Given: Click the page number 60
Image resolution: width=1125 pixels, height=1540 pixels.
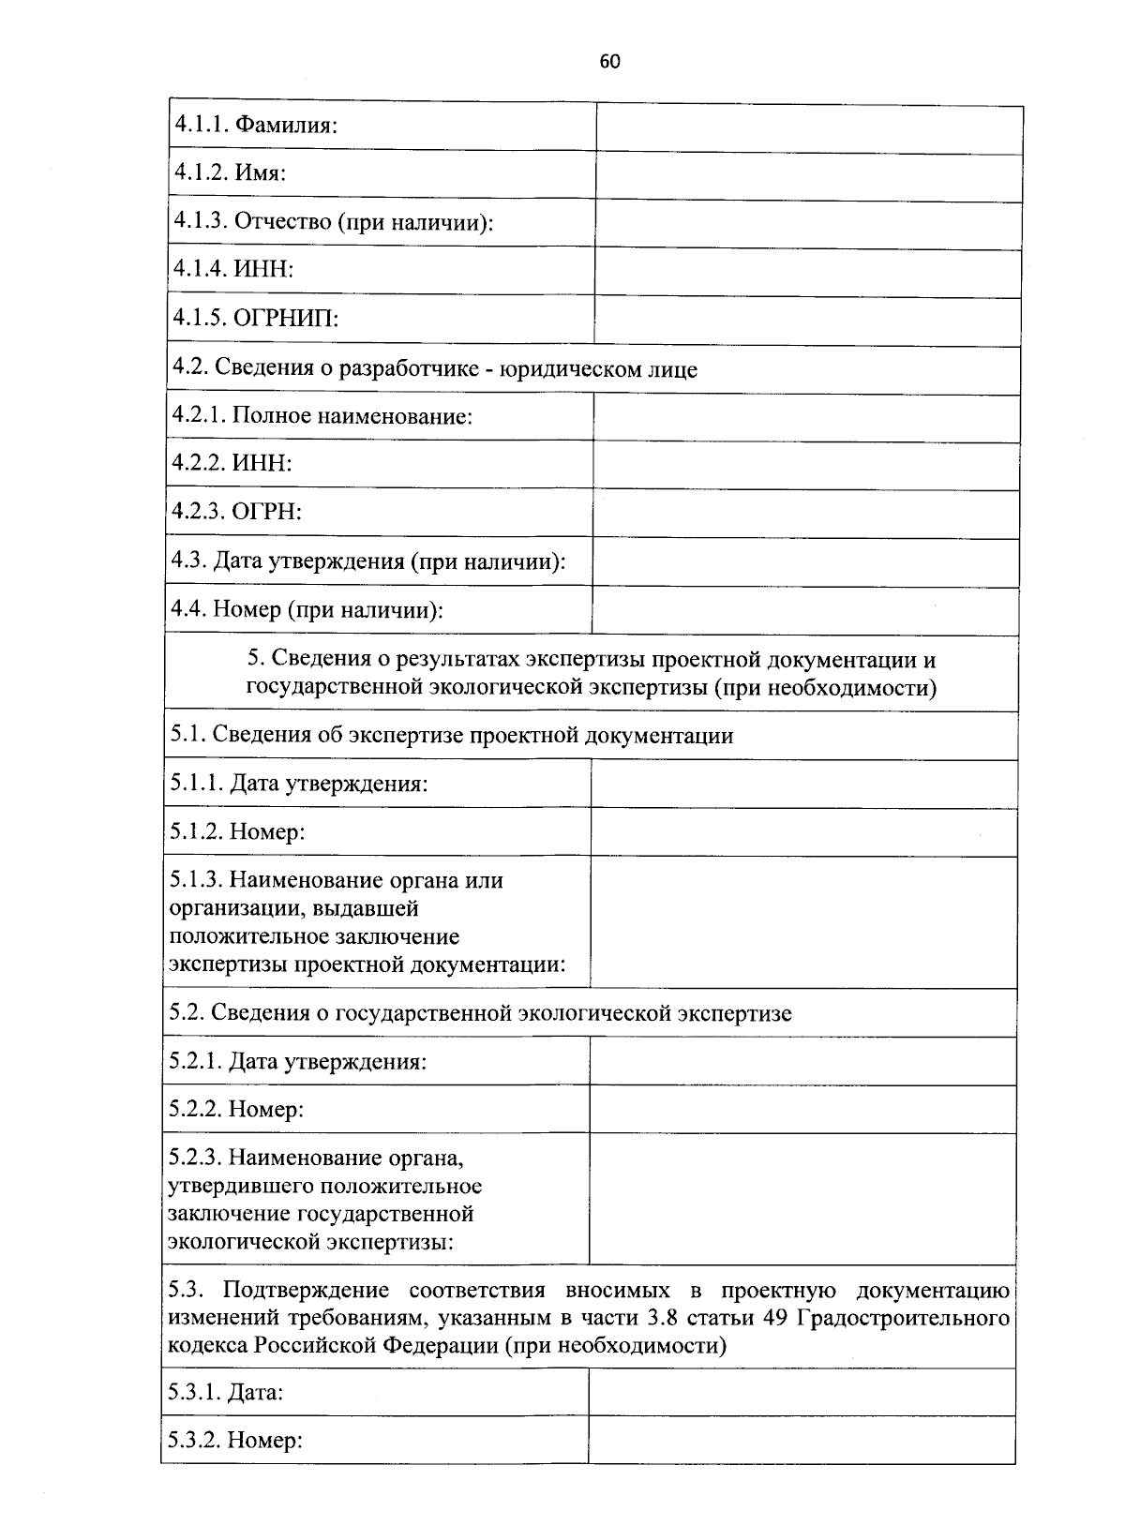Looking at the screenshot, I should [609, 62].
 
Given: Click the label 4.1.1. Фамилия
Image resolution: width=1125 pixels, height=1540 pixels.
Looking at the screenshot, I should [255, 125].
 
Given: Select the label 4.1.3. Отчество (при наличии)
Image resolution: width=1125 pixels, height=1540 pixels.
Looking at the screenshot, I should [334, 222].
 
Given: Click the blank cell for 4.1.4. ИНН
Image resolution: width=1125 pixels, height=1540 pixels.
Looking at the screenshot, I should [808, 274].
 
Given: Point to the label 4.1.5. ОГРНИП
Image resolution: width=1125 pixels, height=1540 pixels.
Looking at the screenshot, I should [255, 319].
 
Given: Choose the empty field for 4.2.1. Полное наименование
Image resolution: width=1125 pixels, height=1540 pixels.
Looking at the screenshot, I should [806, 418].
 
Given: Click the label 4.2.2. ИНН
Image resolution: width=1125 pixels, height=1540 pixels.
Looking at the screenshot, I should [232, 463].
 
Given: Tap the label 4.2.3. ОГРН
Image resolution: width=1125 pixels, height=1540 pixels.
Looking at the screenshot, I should [236, 512].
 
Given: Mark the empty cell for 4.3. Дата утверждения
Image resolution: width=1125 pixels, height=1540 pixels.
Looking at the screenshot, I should [806, 562].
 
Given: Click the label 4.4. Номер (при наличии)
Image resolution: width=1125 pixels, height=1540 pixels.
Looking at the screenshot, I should [307, 610].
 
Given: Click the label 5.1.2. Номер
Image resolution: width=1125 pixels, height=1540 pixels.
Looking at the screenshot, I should [237, 832].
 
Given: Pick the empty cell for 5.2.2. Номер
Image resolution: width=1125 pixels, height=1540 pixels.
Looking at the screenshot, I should [802, 1109].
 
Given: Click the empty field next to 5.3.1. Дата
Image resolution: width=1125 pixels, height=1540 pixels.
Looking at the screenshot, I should [802, 1392].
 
